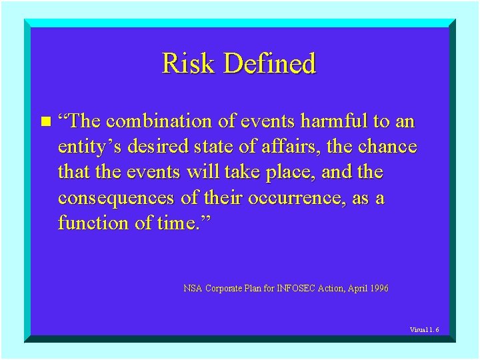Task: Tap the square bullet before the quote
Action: (x=45, y=121)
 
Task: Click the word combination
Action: (x=158, y=121)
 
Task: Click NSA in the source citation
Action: (x=193, y=289)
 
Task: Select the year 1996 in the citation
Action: (x=377, y=289)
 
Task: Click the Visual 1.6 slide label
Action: (x=424, y=329)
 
